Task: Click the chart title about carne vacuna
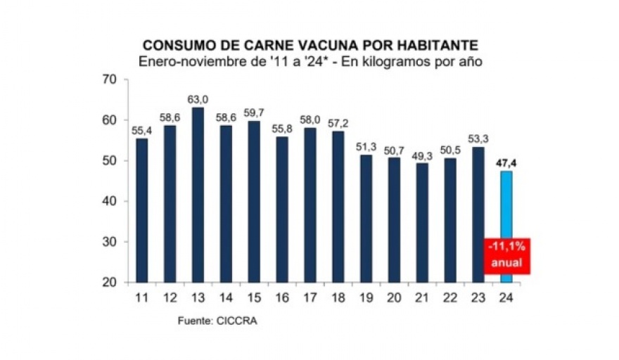[310, 46]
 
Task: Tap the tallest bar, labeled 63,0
[198, 194]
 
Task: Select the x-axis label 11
[142, 297]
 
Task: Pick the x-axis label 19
[366, 297]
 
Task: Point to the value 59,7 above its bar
[253, 113]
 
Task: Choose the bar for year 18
[338, 207]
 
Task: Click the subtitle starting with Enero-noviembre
[310, 62]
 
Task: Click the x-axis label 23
[478, 297]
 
